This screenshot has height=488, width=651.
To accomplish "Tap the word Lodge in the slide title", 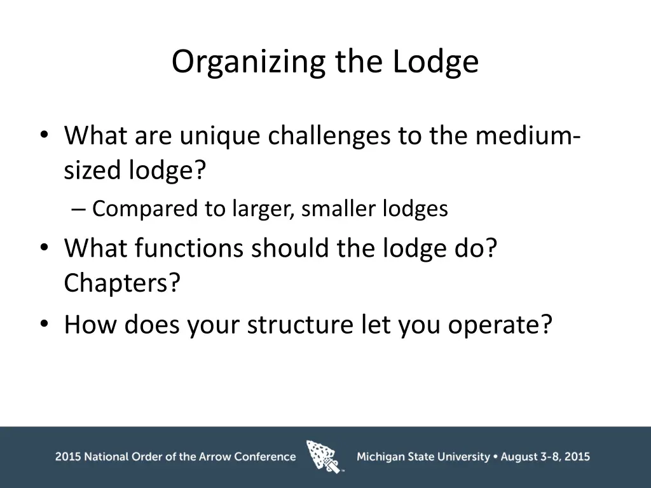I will (x=435, y=62).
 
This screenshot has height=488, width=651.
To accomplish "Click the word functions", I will (x=189, y=248).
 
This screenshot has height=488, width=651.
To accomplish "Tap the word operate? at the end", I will (x=500, y=325).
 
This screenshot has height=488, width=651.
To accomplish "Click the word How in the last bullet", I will (x=90, y=325).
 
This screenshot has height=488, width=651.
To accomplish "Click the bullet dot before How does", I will (x=44, y=325).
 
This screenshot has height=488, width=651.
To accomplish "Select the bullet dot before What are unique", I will (x=44, y=135).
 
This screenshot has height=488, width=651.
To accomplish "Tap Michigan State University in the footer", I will (x=423, y=456).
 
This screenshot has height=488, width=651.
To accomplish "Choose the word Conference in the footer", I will (x=265, y=456).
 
